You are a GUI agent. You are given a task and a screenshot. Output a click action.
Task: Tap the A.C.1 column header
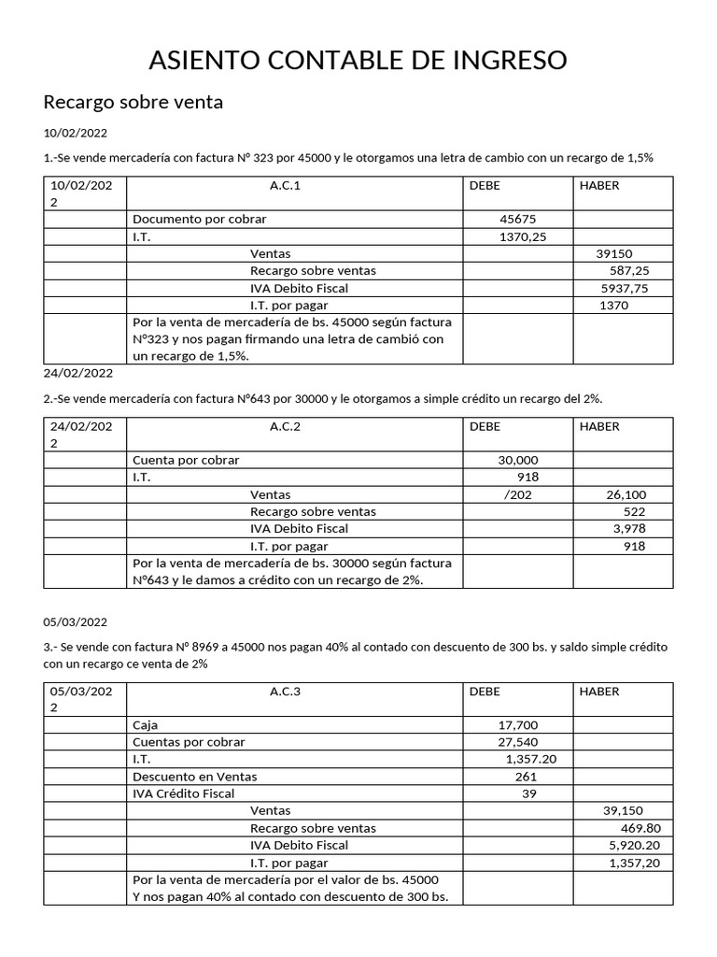(285, 185)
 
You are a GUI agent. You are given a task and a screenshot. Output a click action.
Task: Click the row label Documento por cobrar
(200, 219)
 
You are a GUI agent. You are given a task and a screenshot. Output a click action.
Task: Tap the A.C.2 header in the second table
(285, 425)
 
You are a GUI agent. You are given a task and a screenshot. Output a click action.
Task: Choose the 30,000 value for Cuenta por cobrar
(518, 460)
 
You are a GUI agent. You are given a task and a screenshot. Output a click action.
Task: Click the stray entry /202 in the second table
(517, 494)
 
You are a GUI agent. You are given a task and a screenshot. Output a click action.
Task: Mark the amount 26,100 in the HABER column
(626, 494)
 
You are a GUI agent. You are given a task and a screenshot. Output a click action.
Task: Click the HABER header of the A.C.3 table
(599, 692)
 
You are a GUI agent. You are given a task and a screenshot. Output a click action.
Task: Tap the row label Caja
(147, 725)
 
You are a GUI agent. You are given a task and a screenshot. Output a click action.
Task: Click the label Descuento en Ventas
(195, 777)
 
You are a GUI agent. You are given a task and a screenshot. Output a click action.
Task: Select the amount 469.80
(640, 828)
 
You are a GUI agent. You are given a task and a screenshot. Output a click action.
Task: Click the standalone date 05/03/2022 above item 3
(78, 621)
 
